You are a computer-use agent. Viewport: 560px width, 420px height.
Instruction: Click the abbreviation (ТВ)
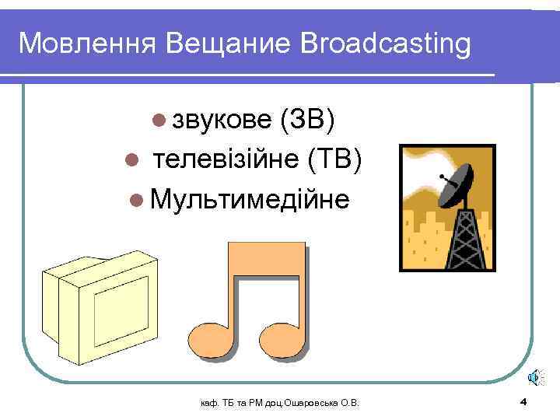334,159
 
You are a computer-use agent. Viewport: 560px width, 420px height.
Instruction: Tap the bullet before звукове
159,121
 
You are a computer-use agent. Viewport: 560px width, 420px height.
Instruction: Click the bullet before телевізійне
131,161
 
